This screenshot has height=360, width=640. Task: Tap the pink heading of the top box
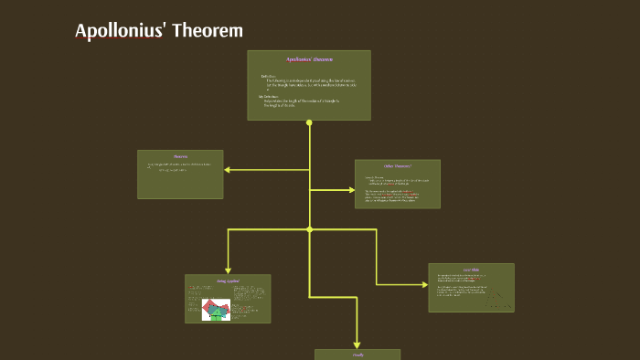coord(308,59)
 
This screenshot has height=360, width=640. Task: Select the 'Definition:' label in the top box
coord(268,76)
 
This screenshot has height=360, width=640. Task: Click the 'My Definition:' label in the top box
coord(271,95)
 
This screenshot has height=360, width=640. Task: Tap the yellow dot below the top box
coord(309,122)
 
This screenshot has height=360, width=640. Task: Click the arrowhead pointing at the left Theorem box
coord(228,169)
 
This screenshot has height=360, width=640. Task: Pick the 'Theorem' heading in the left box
coord(180,156)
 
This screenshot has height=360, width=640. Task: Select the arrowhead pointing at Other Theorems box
coord(351,190)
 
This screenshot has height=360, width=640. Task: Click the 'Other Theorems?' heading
coord(397,166)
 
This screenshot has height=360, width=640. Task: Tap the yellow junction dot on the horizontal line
coord(309,228)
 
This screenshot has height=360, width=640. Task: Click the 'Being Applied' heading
coord(228,281)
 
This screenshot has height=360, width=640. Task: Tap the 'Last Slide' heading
coord(471,270)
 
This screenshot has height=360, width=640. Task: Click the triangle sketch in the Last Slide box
coord(497,297)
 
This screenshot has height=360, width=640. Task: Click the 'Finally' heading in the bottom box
coord(357,355)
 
